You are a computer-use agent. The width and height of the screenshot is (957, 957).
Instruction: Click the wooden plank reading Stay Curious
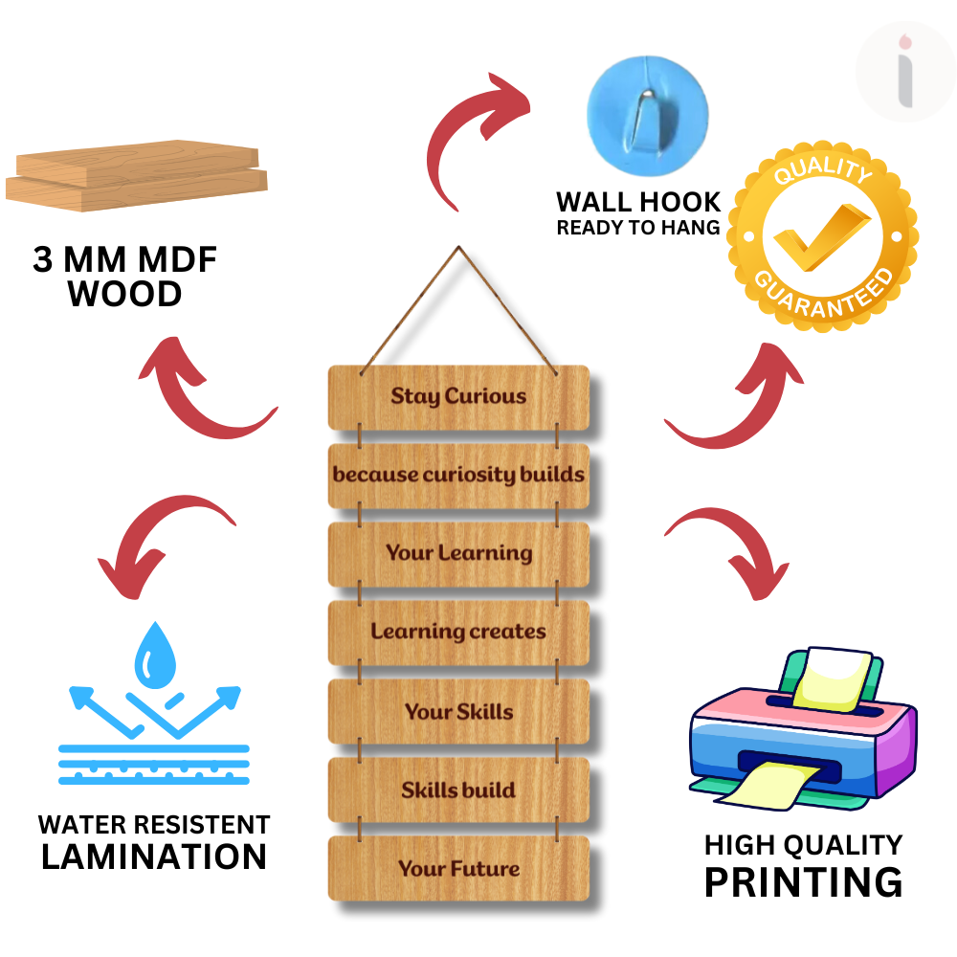click(x=458, y=396)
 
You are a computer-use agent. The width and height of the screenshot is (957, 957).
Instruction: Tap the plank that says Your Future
click(x=458, y=869)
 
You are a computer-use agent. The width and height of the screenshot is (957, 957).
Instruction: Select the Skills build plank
click(x=458, y=790)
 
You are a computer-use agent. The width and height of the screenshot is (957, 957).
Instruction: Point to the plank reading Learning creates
click(x=458, y=633)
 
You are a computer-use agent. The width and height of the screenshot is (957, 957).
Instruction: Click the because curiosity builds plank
click(x=458, y=475)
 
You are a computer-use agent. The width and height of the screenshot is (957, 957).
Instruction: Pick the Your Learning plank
click(x=458, y=553)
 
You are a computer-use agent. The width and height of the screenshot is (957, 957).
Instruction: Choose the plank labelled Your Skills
click(x=458, y=712)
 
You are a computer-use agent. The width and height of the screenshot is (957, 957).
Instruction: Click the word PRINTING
click(x=803, y=881)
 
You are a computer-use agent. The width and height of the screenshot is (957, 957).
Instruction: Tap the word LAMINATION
click(x=154, y=856)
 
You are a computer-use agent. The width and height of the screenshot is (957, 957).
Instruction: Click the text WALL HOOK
click(x=638, y=202)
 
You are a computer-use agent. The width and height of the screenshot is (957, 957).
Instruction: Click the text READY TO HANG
click(x=638, y=228)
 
